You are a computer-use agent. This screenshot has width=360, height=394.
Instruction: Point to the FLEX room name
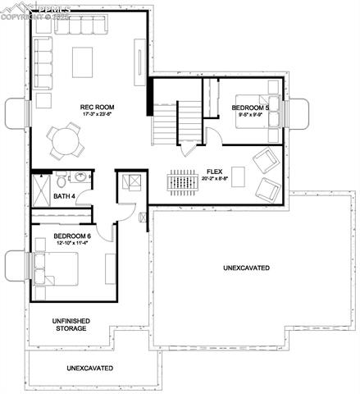[x=215, y=172]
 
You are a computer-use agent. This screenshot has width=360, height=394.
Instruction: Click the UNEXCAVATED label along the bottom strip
[x=89, y=368]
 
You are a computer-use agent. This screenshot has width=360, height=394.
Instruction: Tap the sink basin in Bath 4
[x=80, y=176]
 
